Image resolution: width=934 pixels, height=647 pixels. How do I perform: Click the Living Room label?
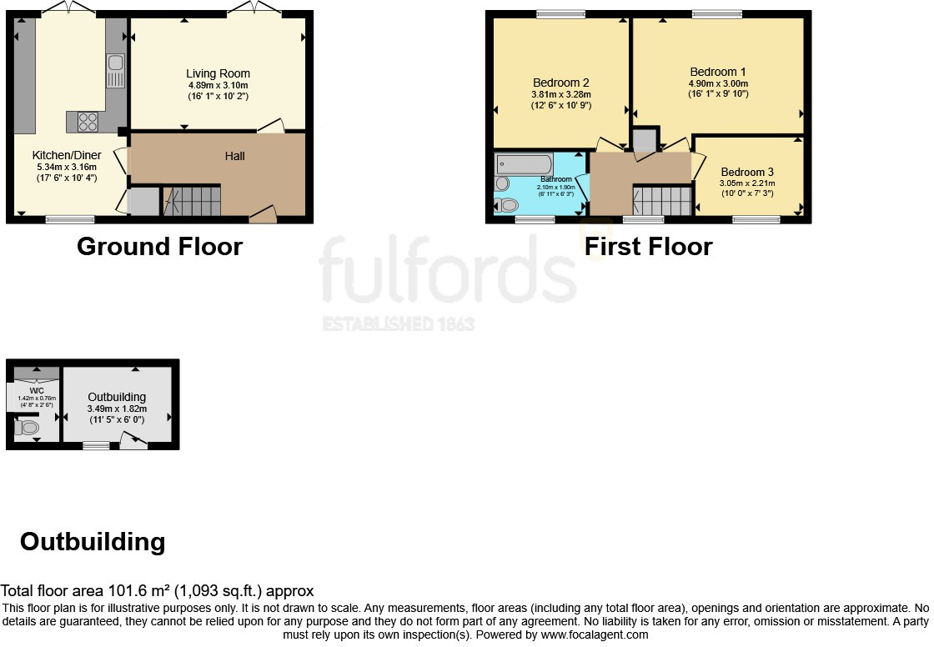point(218,73)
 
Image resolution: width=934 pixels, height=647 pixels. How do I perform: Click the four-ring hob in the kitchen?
point(88,122)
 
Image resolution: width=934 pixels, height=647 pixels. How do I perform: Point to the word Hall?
point(234,156)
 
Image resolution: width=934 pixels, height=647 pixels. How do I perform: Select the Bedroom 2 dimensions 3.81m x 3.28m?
point(561,94)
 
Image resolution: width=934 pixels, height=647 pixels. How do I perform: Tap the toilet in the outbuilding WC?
point(28,429)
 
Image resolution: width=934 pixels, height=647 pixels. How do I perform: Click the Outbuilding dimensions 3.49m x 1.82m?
point(117,409)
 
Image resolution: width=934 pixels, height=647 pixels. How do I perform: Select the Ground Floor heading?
point(159,247)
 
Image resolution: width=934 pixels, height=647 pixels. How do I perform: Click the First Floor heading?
point(648,247)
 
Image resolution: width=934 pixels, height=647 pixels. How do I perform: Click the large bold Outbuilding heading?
point(93,542)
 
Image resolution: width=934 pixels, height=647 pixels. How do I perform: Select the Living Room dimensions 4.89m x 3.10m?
point(218,85)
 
